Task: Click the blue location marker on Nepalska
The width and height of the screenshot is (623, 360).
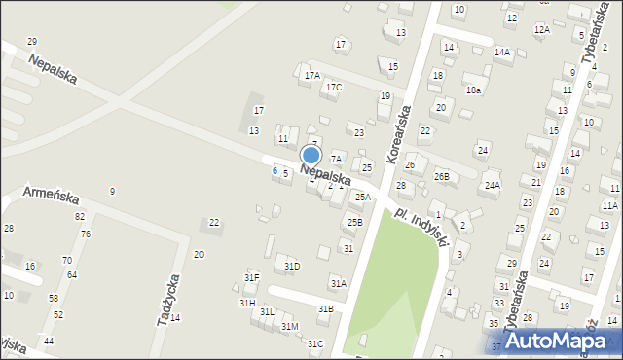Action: coord(311,156)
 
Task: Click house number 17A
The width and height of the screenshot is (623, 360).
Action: coord(311,75)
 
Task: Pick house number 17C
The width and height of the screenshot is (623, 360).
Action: coord(334,88)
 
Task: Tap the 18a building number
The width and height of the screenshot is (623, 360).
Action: coord(473,90)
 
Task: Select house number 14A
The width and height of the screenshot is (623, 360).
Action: coord(501,52)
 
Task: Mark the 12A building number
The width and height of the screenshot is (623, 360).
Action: coord(541,29)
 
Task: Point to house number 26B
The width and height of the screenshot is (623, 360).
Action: coord(442,176)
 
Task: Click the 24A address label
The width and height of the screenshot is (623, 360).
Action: coord(492,185)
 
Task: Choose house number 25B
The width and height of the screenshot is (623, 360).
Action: coord(354,222)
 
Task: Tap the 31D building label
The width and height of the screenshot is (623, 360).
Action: coord(292,266)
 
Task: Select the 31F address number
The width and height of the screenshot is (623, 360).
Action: coord(251,278)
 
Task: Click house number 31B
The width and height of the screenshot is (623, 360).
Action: coord(326,308)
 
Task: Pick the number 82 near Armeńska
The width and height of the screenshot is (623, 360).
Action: coord(80,216)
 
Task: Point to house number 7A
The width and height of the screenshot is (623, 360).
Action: coord(336,159)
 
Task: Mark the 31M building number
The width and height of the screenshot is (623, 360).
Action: coord(289,326)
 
